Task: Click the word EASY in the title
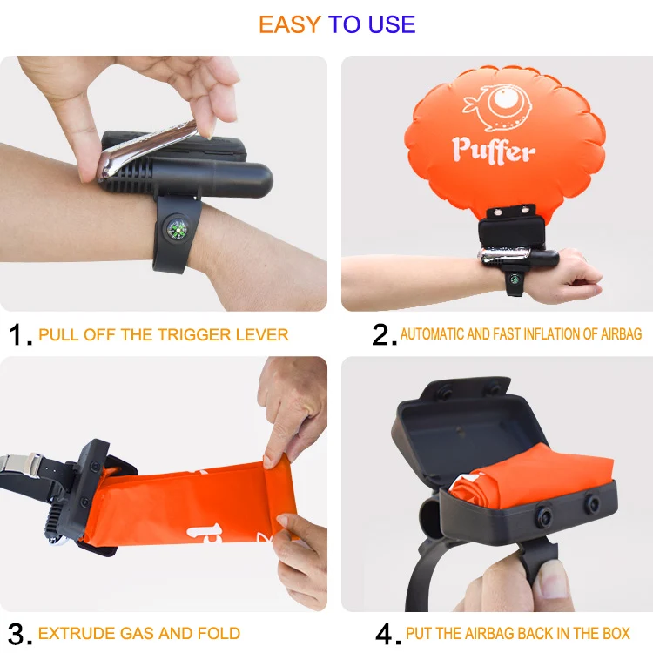(x=290, y=24)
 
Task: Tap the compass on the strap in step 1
(x=177, y=230)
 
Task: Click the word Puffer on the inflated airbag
(x=493, y=149)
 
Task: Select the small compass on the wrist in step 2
(x=515, y=280)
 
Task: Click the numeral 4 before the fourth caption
(x=384, y=633)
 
